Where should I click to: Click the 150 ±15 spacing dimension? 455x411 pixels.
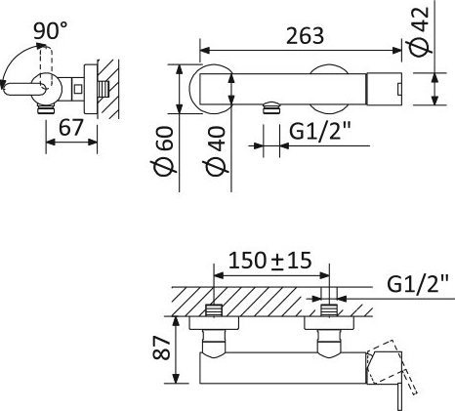pos(269,262)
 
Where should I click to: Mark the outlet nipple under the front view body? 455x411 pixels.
pos(269,110)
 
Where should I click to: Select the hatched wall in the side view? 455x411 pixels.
pos(108,88)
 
